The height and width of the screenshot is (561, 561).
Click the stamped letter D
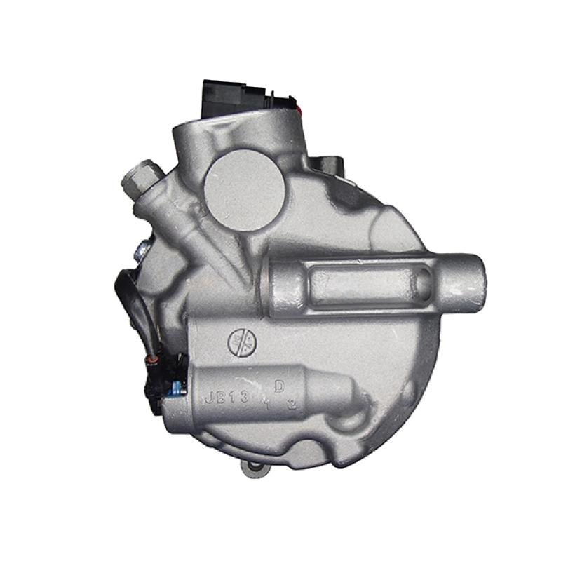click(x=279, y=386)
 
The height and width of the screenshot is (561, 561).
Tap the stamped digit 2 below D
click(x=292, y=404)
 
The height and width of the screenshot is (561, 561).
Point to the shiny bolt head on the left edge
click(x=144, y=247)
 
